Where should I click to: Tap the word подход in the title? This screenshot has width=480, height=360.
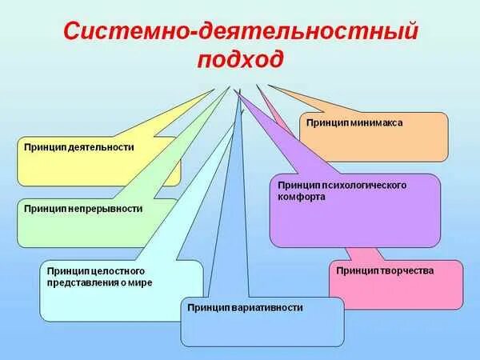click(240, 60)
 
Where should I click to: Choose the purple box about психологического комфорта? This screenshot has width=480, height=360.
click(355, 211)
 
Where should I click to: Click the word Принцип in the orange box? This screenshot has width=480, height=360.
click(324, 123)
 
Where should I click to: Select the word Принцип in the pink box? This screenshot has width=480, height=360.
click(355, 270)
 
